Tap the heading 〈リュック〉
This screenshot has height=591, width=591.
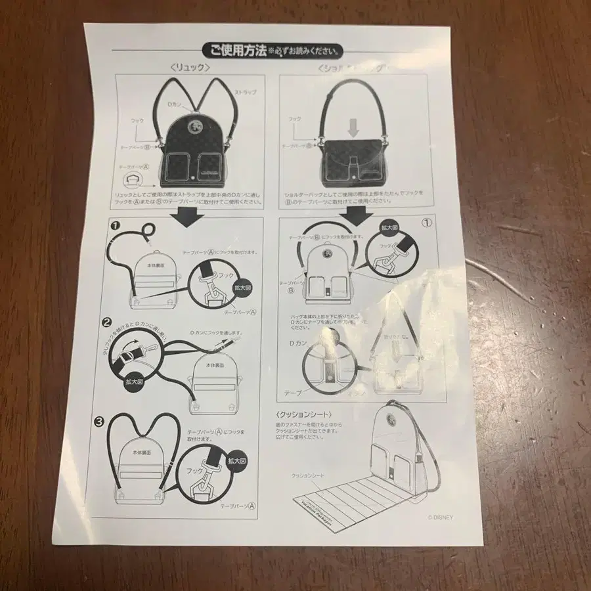click(x=189, y=67)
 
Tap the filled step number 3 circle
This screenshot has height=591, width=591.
click(x=99, y=422)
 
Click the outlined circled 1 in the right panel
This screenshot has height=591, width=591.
click(x=426, y=222)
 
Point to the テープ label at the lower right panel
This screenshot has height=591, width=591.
click(x=293, y=392)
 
